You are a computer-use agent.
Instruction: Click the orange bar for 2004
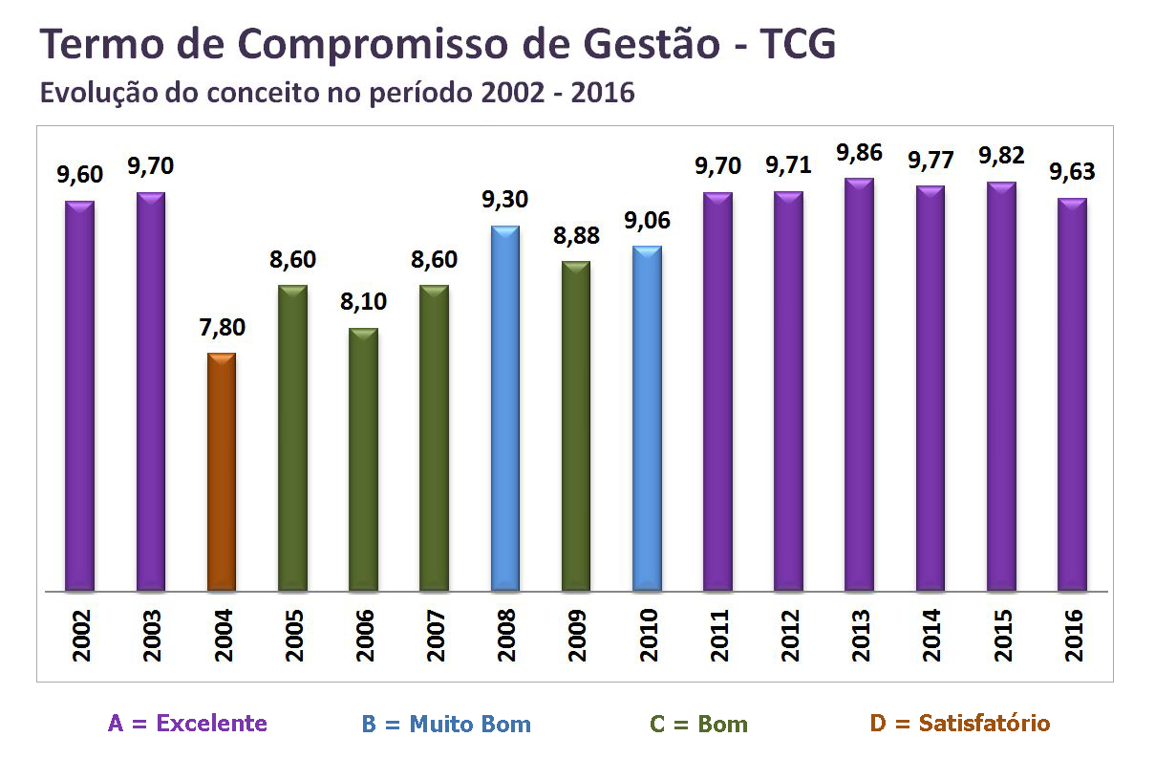point(222,472)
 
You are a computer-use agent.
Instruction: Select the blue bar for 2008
point(505,409)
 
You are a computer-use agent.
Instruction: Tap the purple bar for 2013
point(859,385)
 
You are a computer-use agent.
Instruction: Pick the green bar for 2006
point(363,460)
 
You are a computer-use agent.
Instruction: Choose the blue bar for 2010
point(647,419)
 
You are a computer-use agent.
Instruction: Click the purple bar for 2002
point(79,397)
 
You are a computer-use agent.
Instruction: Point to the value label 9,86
point(858,153)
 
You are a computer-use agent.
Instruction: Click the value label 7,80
point(222,328)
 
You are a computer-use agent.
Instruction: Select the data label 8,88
point(575,236)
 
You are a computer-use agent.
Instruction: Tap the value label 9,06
point(647,221)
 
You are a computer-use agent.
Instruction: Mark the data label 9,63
point(1072,173)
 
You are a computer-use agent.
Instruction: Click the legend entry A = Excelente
point(187,724)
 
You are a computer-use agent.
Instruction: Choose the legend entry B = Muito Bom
point(446,724)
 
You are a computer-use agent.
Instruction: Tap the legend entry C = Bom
point(698,724)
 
